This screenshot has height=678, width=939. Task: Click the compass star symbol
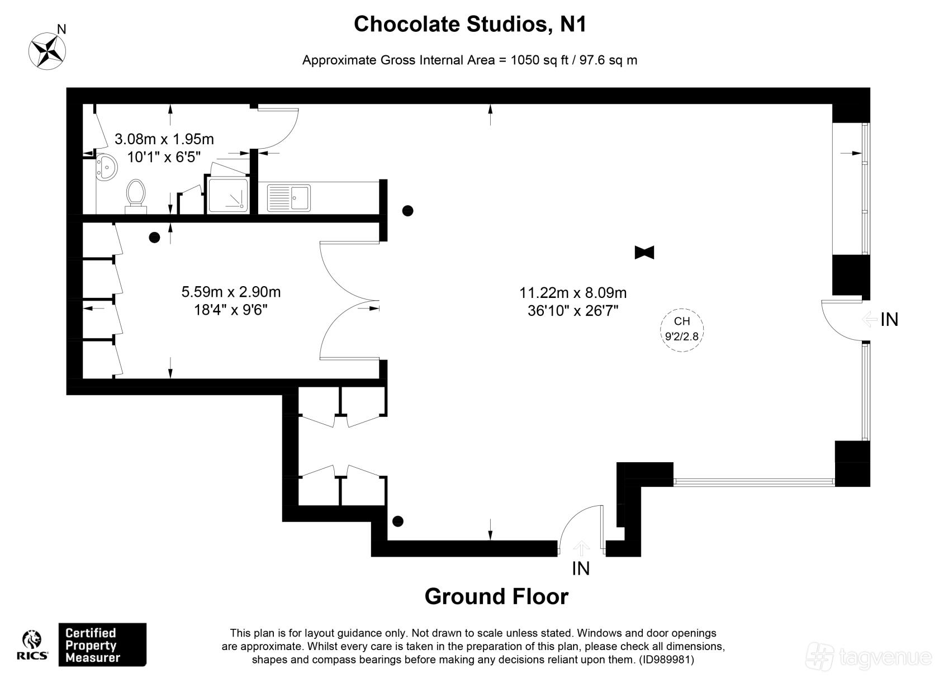pyautogui.click(x=47, y=51)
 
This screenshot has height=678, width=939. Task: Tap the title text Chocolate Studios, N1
pyautogui.click(x=470, y=24)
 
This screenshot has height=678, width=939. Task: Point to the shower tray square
pyautogui.click(x=228, y=195)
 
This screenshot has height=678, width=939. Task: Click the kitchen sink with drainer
pyautogui.click(x=289, y=197)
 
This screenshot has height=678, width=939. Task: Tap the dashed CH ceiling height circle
pyautogui.click(x=682, y=330)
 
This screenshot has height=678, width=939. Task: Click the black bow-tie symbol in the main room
pyautogui.click(x=644, y=253)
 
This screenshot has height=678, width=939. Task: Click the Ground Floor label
pyautogui.click(x=496, y=596)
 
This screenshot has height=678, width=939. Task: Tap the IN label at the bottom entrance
pyautogui.click(x=581, y=568)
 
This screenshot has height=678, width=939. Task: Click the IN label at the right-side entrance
pyautogui.click(x=889, y=320)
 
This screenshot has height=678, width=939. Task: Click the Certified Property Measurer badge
pyautogui.click(x=102, y=644)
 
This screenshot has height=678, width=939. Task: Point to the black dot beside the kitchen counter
pyautogui.click(x=407, y=211)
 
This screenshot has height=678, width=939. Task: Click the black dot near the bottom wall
pyautogui.click(x=398, y=521)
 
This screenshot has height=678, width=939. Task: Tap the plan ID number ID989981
pyautogui.click(x=666, y=660)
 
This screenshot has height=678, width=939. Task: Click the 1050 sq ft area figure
pyautogui.click(x=539, y=60)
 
